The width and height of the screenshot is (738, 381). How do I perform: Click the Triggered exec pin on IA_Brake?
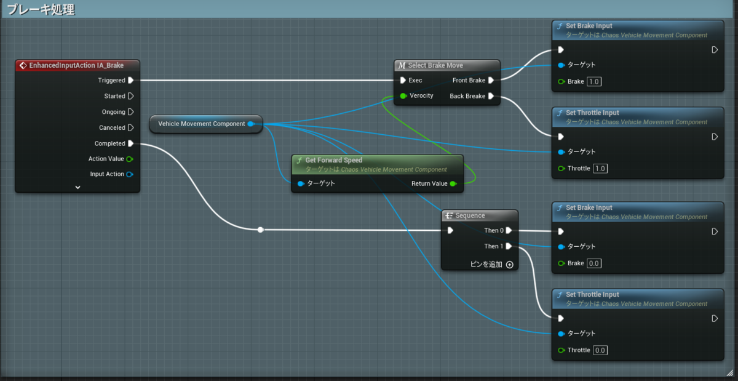coord(131,80)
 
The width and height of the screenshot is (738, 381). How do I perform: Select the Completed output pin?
coord(131,143)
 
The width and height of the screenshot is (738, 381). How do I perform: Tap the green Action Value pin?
coord(130,159)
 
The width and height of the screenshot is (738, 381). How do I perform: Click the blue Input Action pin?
coord(130,174)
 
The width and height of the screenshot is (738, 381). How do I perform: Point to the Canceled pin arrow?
coord(131,127)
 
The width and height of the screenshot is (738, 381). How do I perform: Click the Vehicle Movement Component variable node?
coord(206,124)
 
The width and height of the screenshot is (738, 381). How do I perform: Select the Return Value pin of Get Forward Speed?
coord(453,184)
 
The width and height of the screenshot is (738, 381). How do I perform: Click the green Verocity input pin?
coord(403,96)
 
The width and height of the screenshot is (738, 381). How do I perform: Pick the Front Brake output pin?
coord(491,80)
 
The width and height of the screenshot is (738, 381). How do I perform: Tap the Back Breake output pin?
coord(491,96)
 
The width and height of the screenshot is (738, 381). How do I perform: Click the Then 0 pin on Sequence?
coord(509,230)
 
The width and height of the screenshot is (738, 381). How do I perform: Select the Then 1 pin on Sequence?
coord(509,246)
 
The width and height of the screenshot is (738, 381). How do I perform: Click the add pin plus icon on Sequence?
coord(509,265)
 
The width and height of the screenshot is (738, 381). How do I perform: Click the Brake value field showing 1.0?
coord(593,81)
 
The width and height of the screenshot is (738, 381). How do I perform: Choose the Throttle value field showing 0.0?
coord(600,350)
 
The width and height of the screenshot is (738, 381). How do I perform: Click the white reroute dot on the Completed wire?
coord(261,230)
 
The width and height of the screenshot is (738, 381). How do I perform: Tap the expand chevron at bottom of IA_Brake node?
coord(77,187)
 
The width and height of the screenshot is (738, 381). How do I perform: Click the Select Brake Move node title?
coord(435,65)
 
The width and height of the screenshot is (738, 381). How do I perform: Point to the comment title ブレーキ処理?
coord(41,9)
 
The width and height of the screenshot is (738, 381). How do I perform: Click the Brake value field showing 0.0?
coord(593,263)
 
